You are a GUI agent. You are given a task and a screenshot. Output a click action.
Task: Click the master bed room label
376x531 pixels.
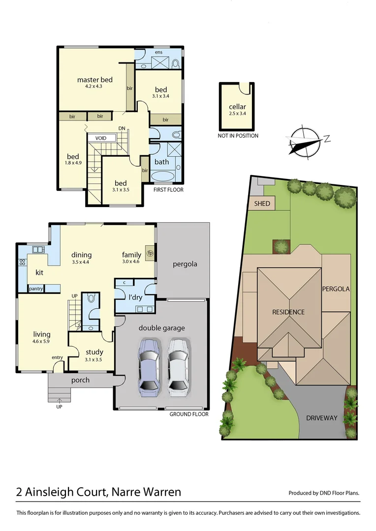[95, 80]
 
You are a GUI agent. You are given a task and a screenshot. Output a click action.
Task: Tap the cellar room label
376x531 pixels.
[237, 107]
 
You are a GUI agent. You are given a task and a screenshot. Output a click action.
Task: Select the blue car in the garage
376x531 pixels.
[149, 367]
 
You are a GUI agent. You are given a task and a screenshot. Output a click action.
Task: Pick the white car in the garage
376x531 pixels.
[178, 367]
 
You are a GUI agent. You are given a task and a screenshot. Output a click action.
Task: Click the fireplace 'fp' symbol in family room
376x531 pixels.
[150, 253]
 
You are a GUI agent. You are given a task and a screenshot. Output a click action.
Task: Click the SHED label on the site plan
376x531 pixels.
[262, 204]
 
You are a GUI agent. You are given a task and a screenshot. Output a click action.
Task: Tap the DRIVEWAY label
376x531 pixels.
[322, 418]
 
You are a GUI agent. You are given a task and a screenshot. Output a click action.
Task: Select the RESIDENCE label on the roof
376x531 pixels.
[289, 312]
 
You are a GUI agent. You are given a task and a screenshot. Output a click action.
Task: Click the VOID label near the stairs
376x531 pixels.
[101, 138]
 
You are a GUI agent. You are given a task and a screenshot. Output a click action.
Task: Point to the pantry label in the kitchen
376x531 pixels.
[36, 289]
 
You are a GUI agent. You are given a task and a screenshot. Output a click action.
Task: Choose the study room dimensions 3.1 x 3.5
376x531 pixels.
[94, 359]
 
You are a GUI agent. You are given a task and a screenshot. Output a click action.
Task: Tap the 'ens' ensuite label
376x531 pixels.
[158, 52]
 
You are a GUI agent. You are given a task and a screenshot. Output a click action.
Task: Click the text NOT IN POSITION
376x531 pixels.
[238, 136]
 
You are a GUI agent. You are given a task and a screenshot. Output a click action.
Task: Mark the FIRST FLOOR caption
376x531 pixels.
[168, 189]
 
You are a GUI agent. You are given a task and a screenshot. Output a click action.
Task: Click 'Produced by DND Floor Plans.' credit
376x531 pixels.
[323, 493]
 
